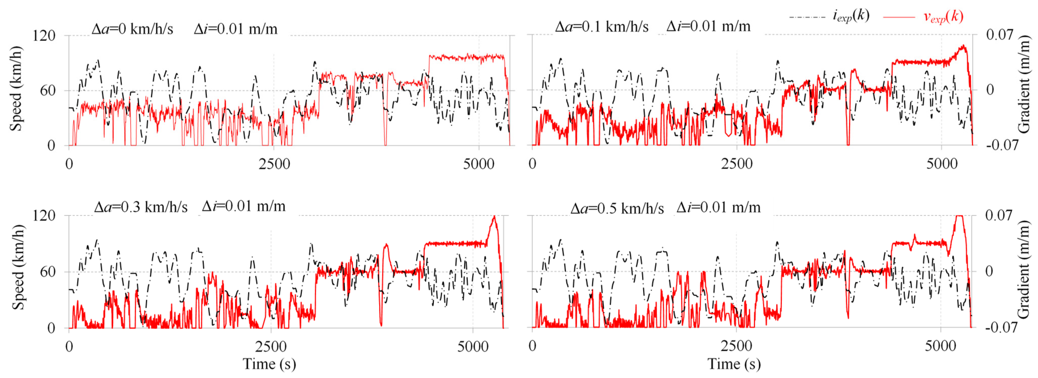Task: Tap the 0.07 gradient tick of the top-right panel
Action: tap(999, 35)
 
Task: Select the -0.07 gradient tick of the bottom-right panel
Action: tap(998, 327)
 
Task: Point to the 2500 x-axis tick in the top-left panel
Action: tap(274, 164)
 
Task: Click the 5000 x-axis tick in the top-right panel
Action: tap(942, 164)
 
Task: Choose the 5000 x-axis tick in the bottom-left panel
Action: tap(473, 346)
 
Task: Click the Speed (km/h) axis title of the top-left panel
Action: tap(16, 89)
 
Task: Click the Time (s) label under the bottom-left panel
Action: tap(270, 364)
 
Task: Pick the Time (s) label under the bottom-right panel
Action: tap(734, 364)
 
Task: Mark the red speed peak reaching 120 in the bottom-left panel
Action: tap(494, 217)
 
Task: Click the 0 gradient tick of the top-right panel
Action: tap(990, 90)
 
